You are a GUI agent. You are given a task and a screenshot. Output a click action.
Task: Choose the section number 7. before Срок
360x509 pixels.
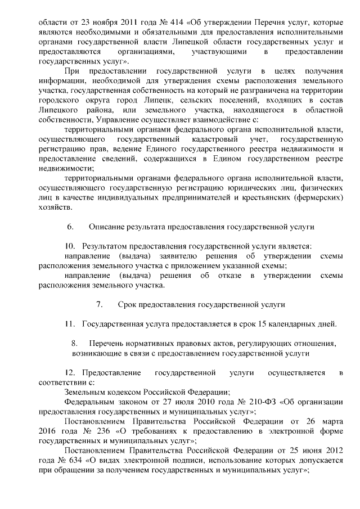[100, 304]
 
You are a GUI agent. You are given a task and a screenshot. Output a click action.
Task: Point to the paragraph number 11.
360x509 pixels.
[70, 324]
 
